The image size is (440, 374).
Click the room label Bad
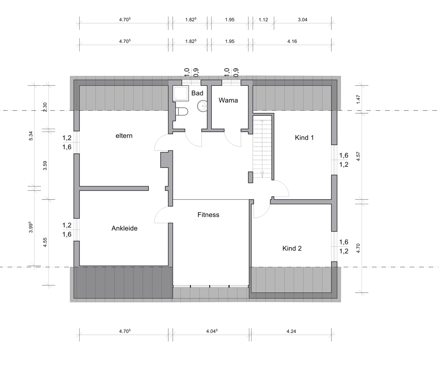click(197, 93)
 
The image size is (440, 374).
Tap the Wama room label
click(228, 100)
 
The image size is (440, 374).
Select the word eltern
click(124, 136)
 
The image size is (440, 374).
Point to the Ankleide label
click(124, 228)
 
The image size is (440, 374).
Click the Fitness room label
click(208, 215)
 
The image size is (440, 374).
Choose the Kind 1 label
click(304, 138)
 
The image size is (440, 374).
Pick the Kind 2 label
click(292, 248)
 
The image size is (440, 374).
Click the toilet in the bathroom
click(182, 111)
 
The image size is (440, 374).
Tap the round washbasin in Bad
click(202, 106)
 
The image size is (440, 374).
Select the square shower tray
click(181, 93)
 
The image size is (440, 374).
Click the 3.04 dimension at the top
click(302, 20)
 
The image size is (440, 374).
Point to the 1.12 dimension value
click(263, 20)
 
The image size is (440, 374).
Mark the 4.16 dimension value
click(292, 41)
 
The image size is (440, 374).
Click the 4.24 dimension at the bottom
click(291, 331)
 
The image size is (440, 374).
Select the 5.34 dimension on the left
click(31, 136)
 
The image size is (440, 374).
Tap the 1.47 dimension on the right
click(358, 99)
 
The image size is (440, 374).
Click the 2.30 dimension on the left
click(45, 107)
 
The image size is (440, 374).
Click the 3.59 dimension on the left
click(45, 165)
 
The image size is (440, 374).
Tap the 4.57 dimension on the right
click(358, 156)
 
